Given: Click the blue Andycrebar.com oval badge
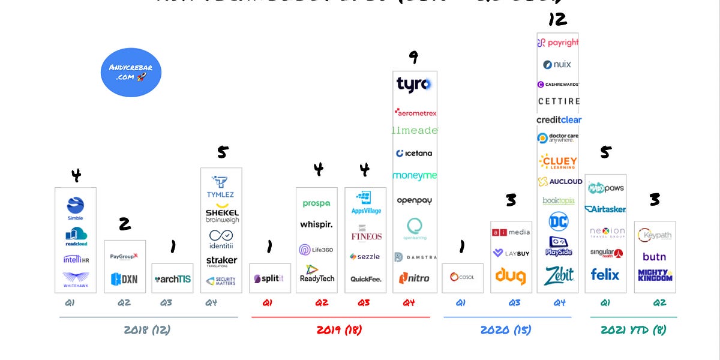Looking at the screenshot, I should point(131,73).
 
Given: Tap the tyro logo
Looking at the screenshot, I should point(414,84).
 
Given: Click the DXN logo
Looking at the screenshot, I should point(124,278).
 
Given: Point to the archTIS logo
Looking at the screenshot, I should point(172,278).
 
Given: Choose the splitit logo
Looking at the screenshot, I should point(269,278).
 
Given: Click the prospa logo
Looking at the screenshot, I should point(316,203).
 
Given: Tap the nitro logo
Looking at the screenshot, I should point(414,278).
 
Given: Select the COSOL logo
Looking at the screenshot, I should point(462,277).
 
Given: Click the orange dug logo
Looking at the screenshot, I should point(511,276).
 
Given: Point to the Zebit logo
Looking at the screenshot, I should point(559,275).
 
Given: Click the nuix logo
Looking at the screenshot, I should point(557,64).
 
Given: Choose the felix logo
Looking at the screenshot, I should point(605,274).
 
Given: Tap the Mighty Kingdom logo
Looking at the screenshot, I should point(655,275).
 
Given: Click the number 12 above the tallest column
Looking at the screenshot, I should point(557,20).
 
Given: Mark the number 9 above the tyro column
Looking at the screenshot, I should point(413,57).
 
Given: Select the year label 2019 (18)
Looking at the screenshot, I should point(339,330).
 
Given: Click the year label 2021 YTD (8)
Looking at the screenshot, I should point(633,330).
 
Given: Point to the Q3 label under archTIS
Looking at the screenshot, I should point(166,303).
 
